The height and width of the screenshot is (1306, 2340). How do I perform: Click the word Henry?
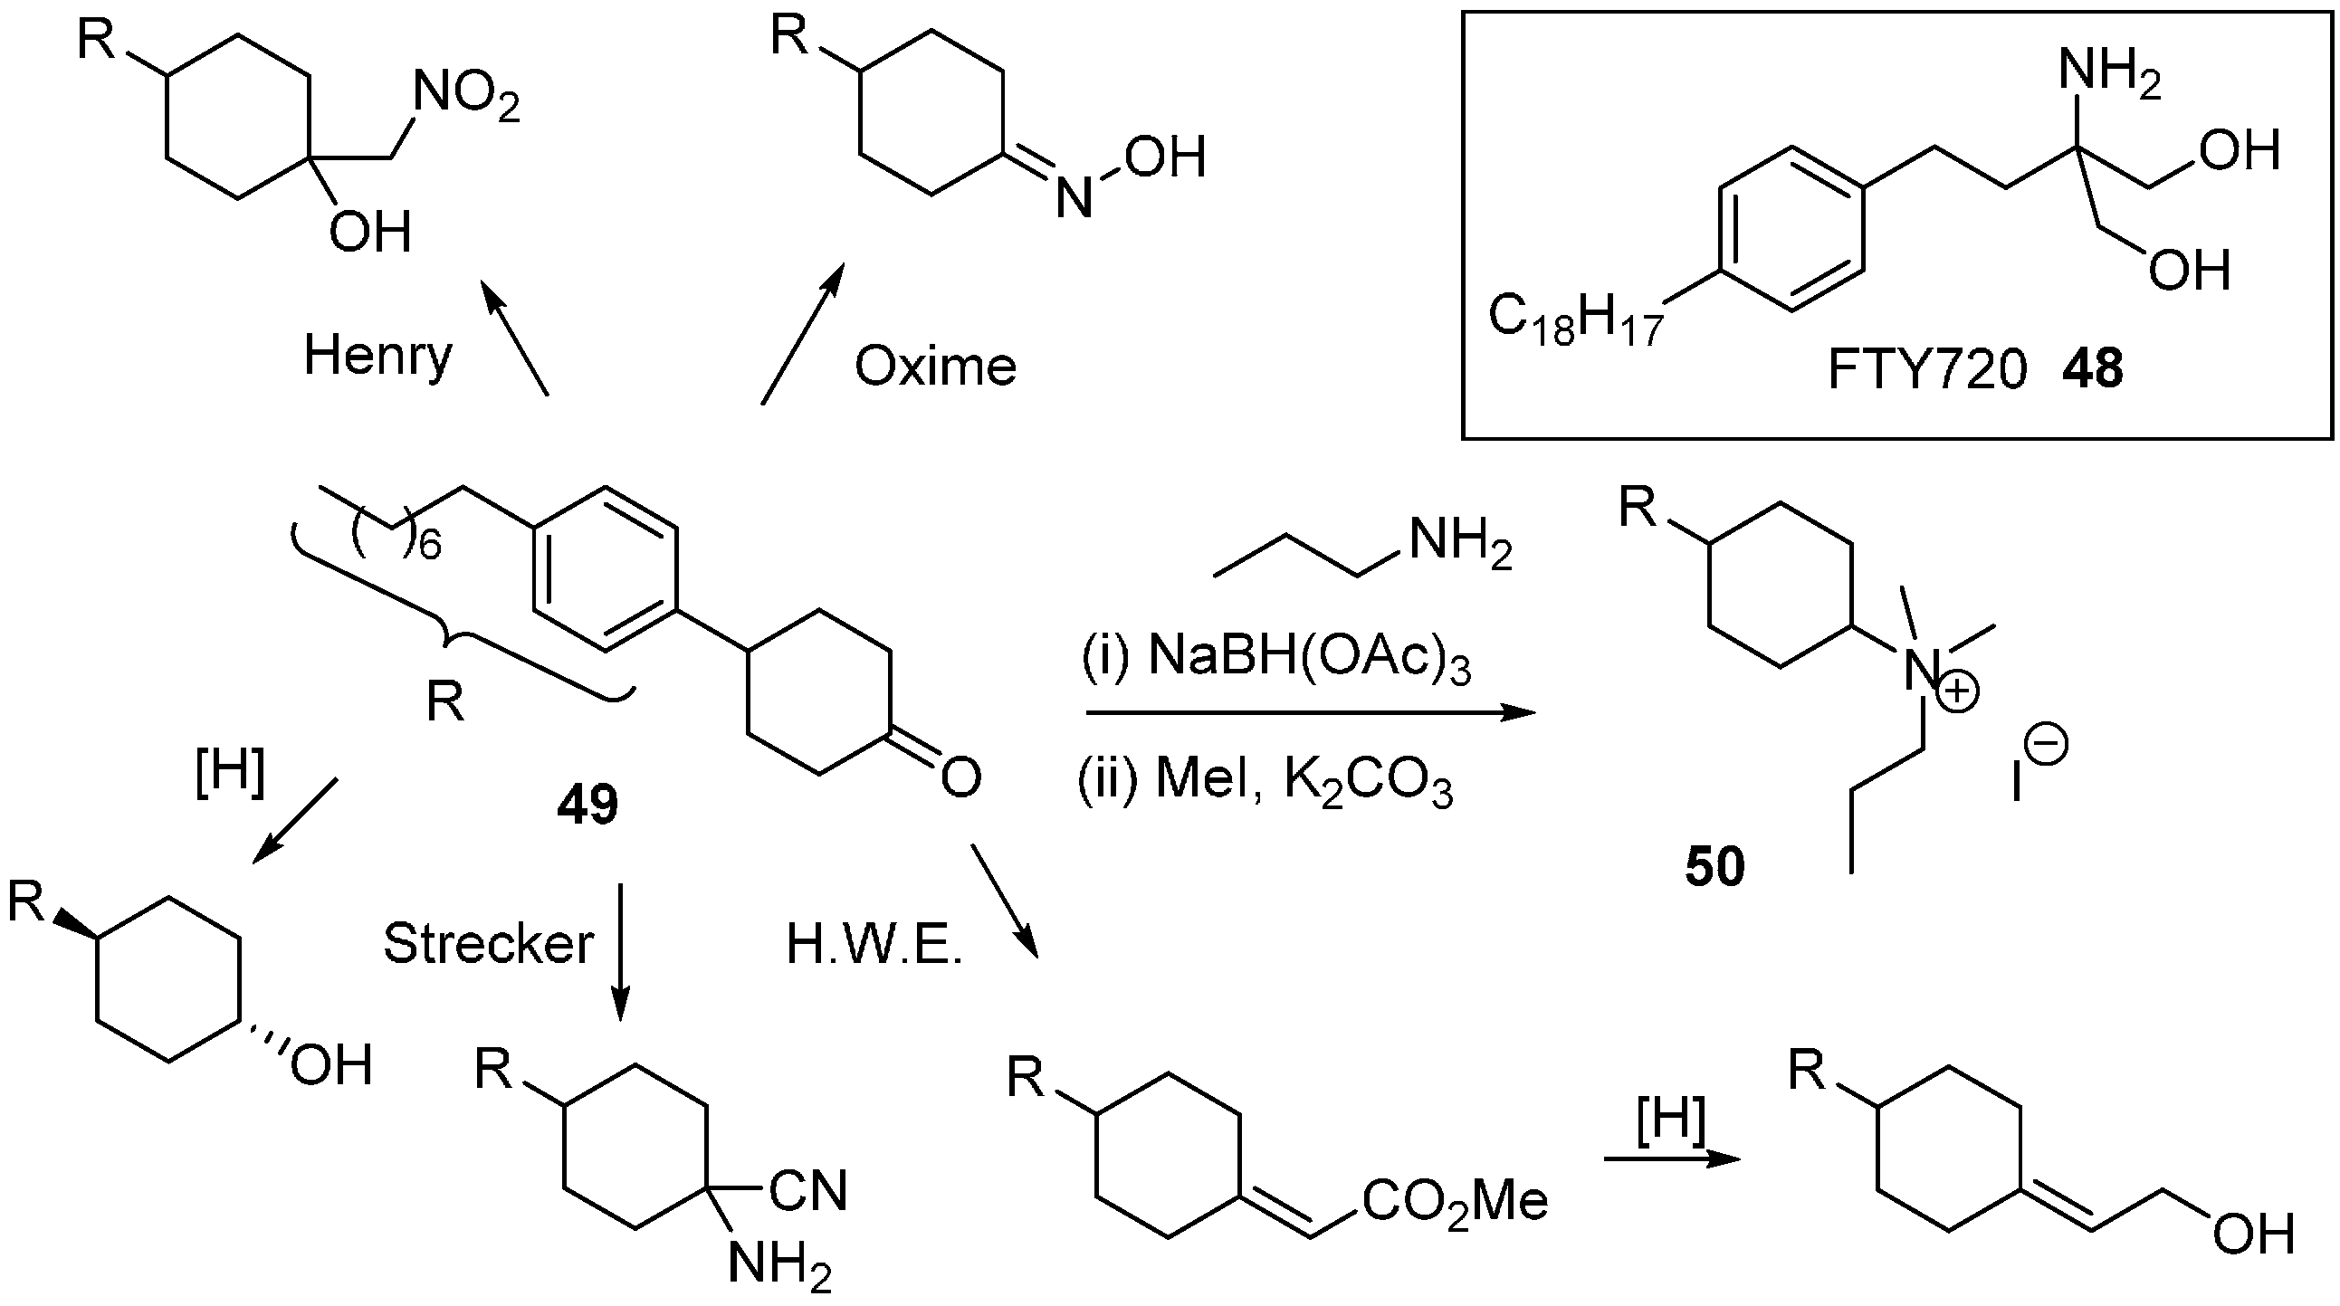pyautogui.click(x=377, y=356)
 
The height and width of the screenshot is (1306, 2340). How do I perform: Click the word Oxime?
pyautogui.click(x=935, y=367)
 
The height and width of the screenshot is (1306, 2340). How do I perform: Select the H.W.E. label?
pyautogui.click(x=874, y=946)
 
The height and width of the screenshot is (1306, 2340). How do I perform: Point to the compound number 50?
pyautogui.click(x=1715, y=866)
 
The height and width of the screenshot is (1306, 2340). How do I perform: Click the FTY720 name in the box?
pyautogui.click(x=1925, y=370)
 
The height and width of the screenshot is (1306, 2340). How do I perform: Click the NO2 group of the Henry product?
pyautogui.click(x=466, y=96)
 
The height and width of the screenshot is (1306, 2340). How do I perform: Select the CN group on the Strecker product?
pyautogui.click(x=807, y=1191)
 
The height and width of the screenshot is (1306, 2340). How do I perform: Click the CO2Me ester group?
pyautogui.click(x=1455, y=1203)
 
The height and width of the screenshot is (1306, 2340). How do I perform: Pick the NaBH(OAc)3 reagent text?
pyautogui.click(x=1308, y=656)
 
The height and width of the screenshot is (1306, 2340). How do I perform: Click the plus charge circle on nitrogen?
pyautogui.click(x=1959, y=692)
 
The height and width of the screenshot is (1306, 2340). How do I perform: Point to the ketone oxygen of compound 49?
pyautogui.click(x=960, y=777)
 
